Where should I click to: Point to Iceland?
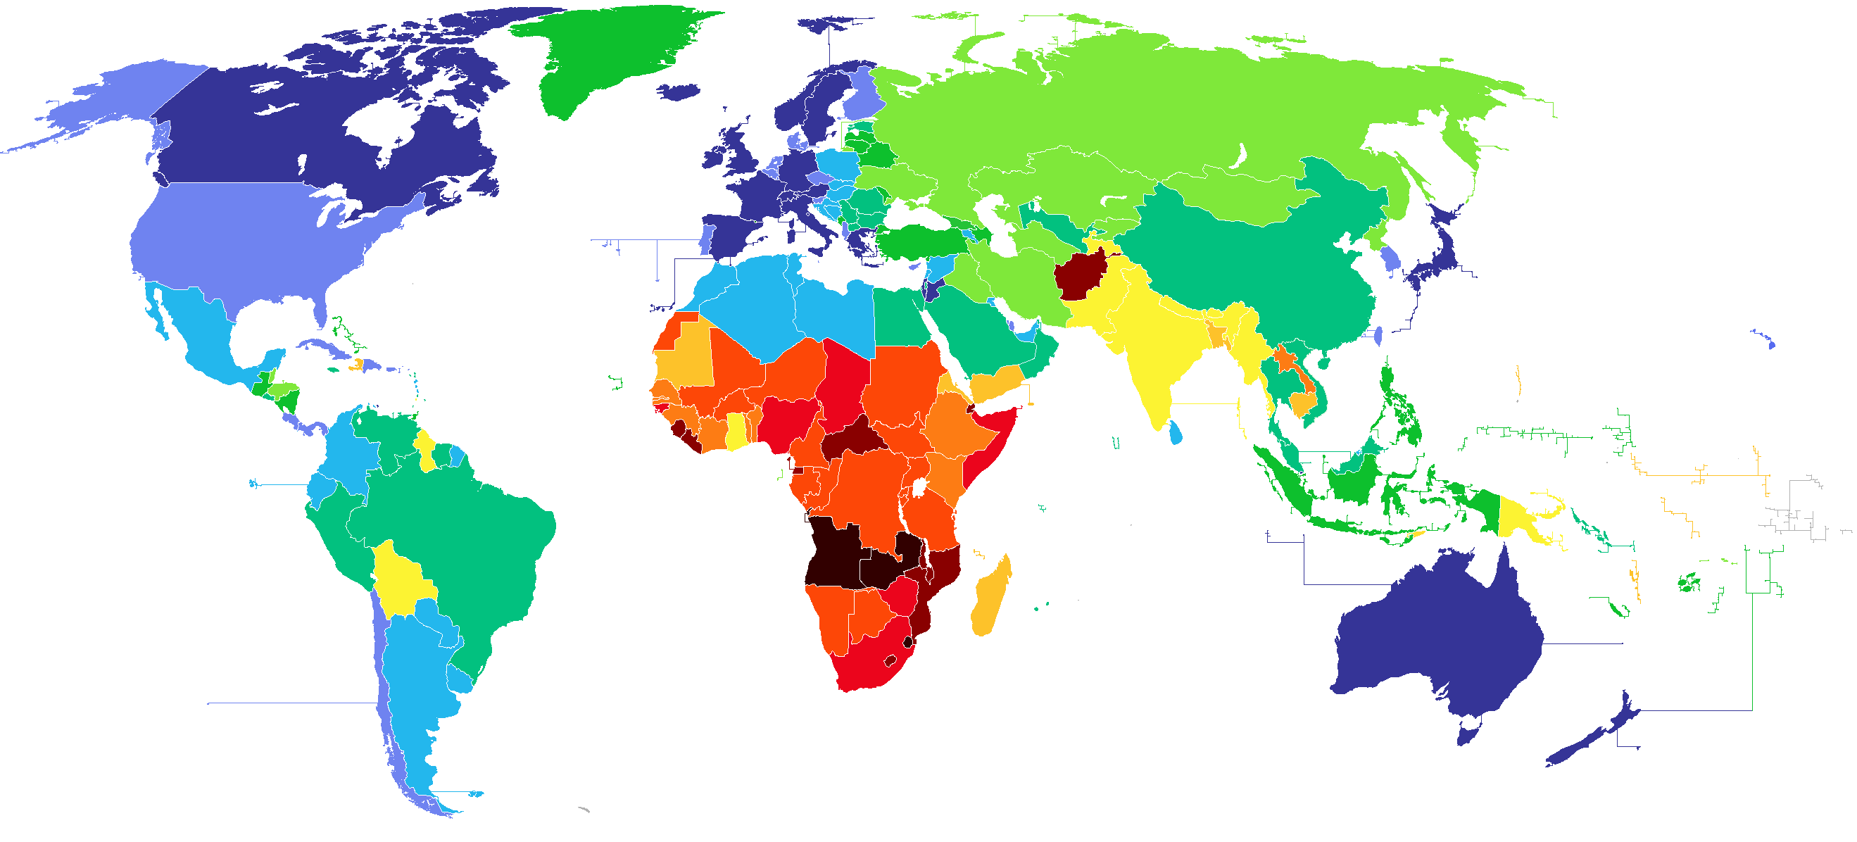point(679,92)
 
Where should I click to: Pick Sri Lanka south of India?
point(1176,433)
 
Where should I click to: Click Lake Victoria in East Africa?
point(919,489)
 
